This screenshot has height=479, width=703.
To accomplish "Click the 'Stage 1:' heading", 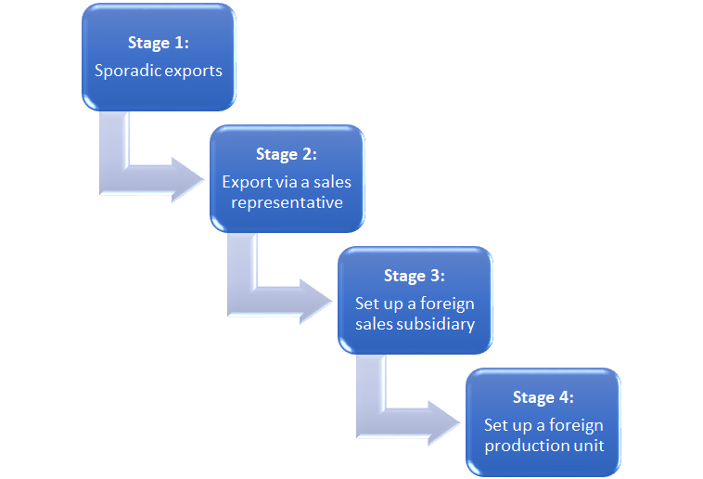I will tap(159, 44).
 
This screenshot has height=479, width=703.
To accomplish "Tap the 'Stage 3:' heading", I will tap(415, 276).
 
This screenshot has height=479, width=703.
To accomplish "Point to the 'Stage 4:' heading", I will tap(543, 397).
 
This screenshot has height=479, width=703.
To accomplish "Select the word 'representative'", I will tap(287, 201).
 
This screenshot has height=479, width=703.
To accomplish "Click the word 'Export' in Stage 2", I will tap(246, 182).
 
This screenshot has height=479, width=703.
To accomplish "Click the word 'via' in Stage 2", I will tap(284, 182).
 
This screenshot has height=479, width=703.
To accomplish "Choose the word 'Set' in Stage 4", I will tap(495, 425).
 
